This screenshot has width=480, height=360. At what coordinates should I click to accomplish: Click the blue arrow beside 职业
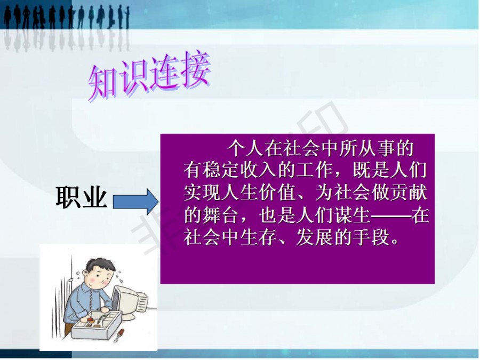tap(135, 202)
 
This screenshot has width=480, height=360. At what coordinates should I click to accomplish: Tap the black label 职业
tap(82, 197)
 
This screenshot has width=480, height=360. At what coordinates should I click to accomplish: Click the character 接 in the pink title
tap(194, 70)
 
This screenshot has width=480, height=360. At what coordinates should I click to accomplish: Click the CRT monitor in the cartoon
tap(129, 301)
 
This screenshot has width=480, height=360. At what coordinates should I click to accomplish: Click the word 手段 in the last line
tap(371, 237)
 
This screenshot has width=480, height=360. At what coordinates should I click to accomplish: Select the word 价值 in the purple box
tap(277, 193)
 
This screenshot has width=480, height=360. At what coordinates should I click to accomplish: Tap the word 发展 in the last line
tap(315, 237)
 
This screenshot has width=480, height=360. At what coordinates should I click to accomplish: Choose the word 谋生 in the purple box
tap(352, 215)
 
